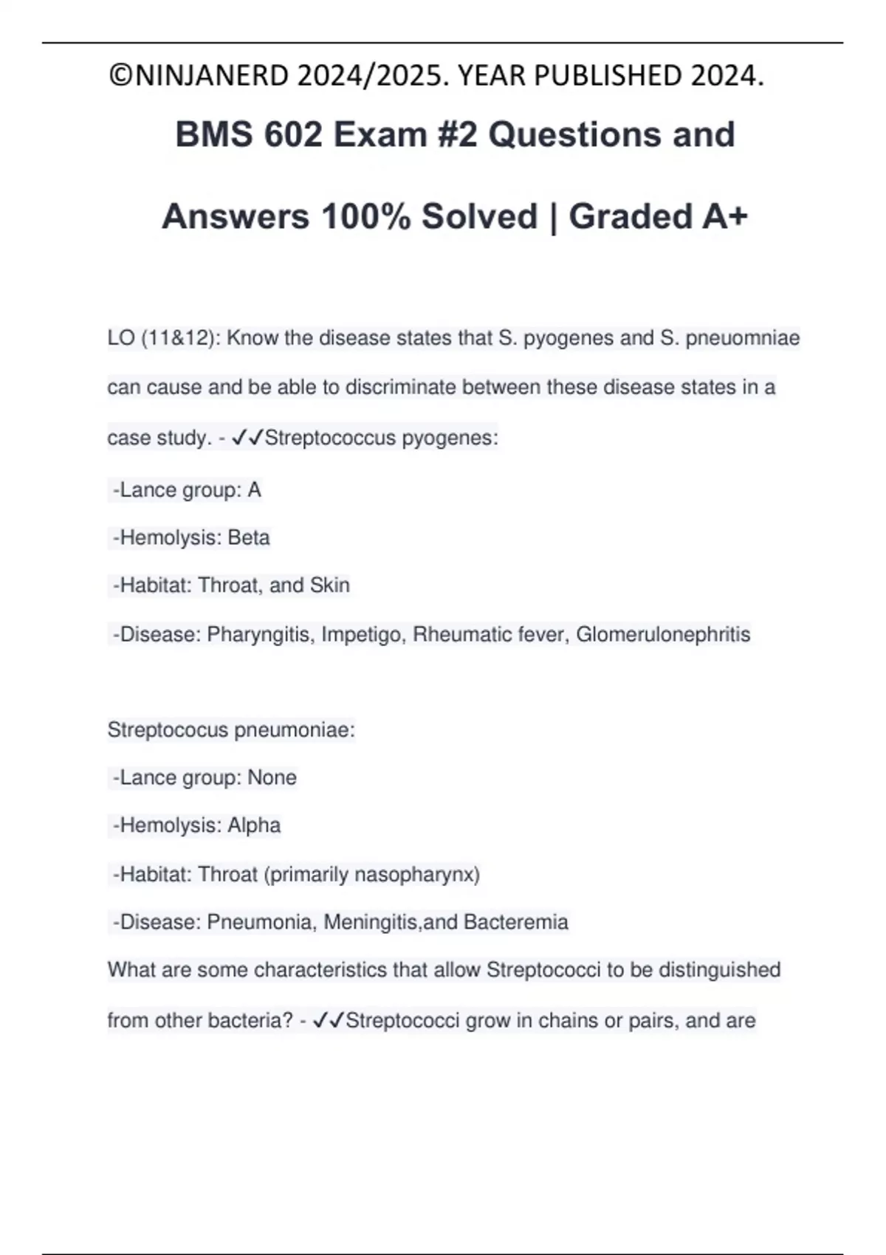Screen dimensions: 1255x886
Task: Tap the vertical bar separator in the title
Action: pyautogui.click(x=553, y=217)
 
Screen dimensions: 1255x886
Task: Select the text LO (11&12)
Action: pyautogui.click(x=162, y=338)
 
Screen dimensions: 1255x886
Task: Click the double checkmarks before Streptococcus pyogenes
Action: pyautogui.click(x=247, y=438)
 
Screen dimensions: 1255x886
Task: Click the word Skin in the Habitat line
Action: pyautogui.click(x=329, y=585)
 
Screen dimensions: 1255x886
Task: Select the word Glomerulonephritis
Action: pyautogui.click(x=663, y=634)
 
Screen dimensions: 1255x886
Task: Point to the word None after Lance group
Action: pyautogui.click(x=272, y=777)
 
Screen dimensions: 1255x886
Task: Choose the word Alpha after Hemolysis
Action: pyautogui.click(x=253, y=825)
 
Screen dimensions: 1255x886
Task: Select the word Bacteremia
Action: pyautogui.click(x=515, y=922)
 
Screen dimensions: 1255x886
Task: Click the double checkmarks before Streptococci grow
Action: pyautogui.click(x=329, y=1021)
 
